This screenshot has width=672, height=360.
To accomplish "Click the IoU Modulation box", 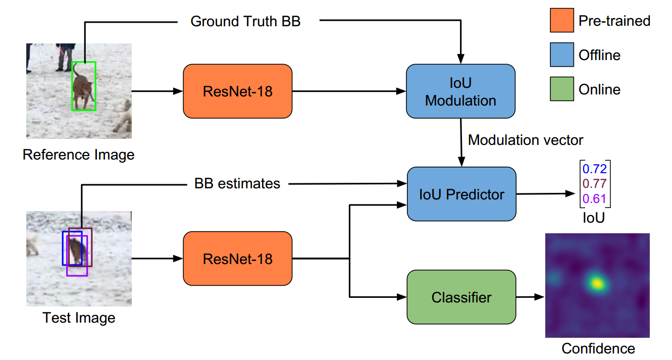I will (x=460, y=91).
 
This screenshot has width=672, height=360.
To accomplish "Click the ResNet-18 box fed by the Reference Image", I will (x=237, y=91).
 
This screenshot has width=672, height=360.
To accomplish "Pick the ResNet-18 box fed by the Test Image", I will (x=237, y=259).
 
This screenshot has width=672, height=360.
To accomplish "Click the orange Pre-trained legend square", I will (x=562, y=21).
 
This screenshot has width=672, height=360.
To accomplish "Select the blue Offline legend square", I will (x=562, y=55).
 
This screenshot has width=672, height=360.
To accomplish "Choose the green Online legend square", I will (x=562, y=89).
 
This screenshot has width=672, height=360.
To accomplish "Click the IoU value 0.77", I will (x=595, y=183).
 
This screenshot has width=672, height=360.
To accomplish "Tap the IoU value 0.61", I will (x=595, y=198).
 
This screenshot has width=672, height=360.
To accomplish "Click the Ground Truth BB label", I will (x=245, y=22).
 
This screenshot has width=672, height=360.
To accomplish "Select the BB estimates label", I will (x=237, y=183).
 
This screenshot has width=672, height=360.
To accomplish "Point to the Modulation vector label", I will (x=526, y=140).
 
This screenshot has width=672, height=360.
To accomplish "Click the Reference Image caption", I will (x=79, y=154).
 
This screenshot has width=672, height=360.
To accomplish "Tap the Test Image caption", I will (x=79, y=318).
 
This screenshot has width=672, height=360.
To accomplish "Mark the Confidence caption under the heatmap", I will (x=598, y=348).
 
